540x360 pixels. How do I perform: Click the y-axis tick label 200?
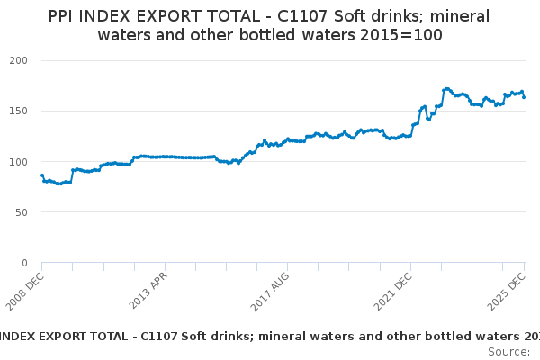19,60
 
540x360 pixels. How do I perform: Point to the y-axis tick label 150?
19,111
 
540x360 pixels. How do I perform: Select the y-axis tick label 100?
19,162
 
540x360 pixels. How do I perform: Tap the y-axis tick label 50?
22,212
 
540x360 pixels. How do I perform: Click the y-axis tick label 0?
24,263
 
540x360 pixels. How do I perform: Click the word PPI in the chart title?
61,15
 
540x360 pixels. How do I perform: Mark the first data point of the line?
42,175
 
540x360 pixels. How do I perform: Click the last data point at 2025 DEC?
524,97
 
